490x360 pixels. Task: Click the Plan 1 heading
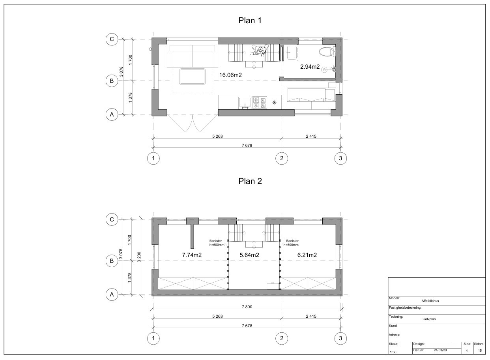(x=250, y=21)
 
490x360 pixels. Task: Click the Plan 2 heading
(x=250, y=181)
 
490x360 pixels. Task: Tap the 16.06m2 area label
(x=230, y=75)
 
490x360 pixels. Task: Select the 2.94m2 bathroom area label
(x=310, y=67)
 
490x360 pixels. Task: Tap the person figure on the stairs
(x=260, y=51)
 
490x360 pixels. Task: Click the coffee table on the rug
(x=193, y=76)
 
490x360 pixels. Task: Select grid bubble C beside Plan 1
(x=112, y=39)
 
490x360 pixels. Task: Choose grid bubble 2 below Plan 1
(x=282, y=158)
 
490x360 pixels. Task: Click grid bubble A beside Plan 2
(x=112, y=294)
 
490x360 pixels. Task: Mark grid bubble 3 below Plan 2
(x=340, y=338)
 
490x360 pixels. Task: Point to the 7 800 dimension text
(x=247, y=307)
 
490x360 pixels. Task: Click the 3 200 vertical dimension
(x=139, y=257)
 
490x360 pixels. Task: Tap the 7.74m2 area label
(x=192, y=255)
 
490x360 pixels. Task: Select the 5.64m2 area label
(x=249, y=255)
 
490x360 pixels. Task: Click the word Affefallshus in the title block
(x=430, y=301)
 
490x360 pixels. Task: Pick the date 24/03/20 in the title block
(x=440, y=350)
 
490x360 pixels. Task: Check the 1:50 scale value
(x=393, y=352)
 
